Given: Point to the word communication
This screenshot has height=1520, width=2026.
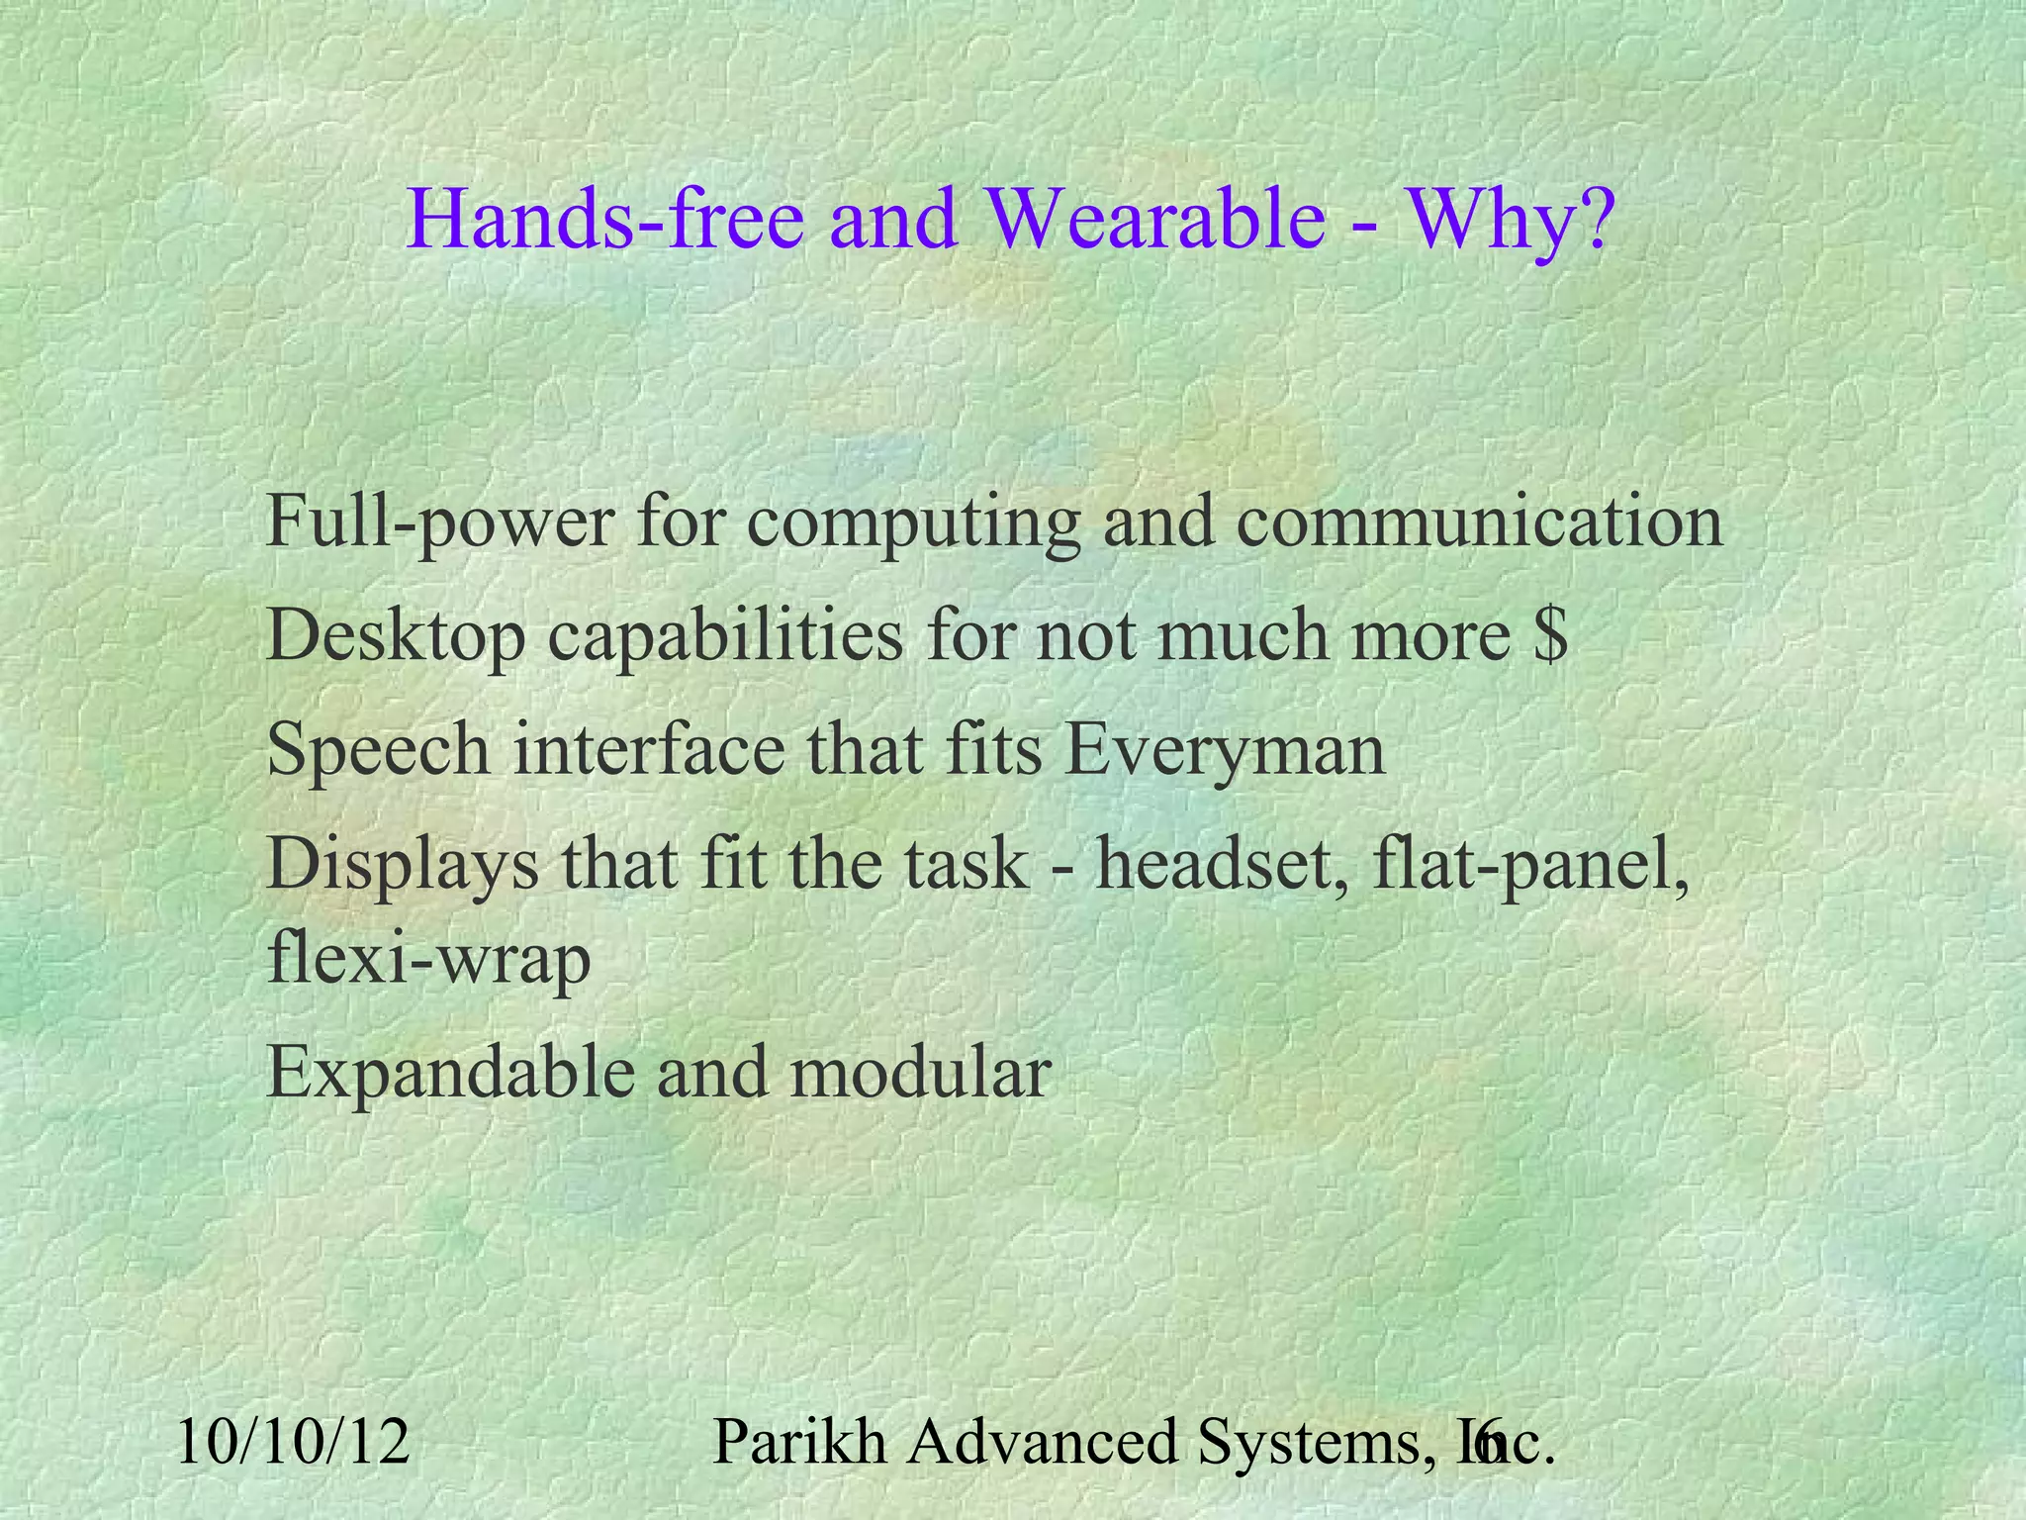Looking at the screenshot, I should pyautogui.click(x=1480, y=522).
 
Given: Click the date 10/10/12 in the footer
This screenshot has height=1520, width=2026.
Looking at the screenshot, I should pyautogui.click(x=294, y=1442).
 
